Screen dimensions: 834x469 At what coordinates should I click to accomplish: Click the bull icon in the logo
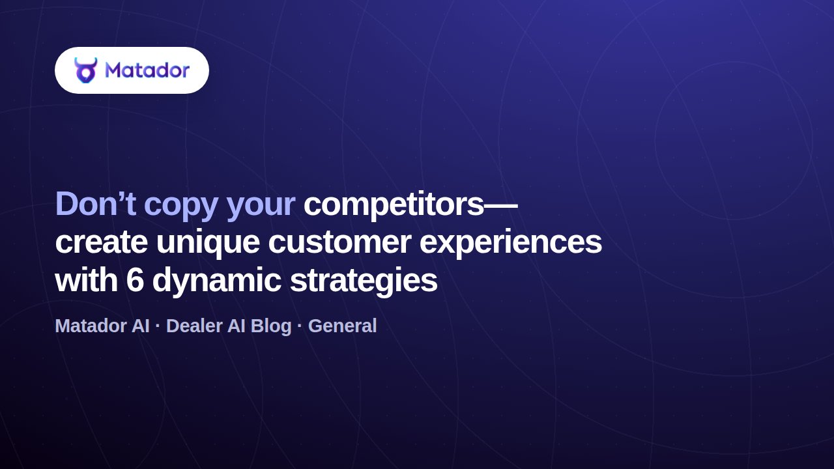(85, 70)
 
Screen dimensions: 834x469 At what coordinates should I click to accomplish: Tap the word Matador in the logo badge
(147, 70)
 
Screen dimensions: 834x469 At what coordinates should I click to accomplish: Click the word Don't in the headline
(95, 204)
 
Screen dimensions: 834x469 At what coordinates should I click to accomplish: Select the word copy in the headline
(181, 207)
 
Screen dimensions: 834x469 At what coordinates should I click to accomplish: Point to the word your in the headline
(261, 207)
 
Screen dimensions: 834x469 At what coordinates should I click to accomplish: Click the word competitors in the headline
(394, 204)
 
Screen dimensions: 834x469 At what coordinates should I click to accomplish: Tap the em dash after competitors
(501, 205)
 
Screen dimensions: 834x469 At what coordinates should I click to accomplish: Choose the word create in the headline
(101, 242)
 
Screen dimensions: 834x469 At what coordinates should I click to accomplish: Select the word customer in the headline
(339, 242)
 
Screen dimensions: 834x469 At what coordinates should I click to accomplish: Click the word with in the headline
(87, 280)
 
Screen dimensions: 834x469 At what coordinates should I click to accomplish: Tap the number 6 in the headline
(135, 280)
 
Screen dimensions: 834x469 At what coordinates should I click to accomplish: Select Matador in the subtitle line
(91, 326)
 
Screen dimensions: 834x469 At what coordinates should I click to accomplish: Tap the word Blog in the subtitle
(270, 327)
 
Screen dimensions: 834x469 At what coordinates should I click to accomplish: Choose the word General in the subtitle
(342, 326)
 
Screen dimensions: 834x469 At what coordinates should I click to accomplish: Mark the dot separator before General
(300, 326)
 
